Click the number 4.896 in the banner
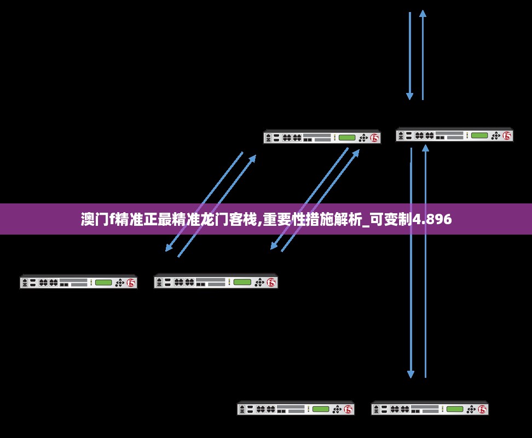click(x=432, y=220)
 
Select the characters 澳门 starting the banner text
click(x=94, y=220)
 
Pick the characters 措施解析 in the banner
click(x=334, y=220)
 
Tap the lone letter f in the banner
click(x=111, y=220)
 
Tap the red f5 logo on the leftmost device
click(x=131, y=283)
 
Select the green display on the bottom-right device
click(x=454, y=409)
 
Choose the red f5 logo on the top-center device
click(x=374, y=138)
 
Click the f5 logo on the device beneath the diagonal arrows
click(x=271, y=283)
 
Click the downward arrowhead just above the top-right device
click(x=409, y=96)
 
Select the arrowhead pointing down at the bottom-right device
click(x=410, y=374)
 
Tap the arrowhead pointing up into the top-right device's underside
click(x=425, y=148)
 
